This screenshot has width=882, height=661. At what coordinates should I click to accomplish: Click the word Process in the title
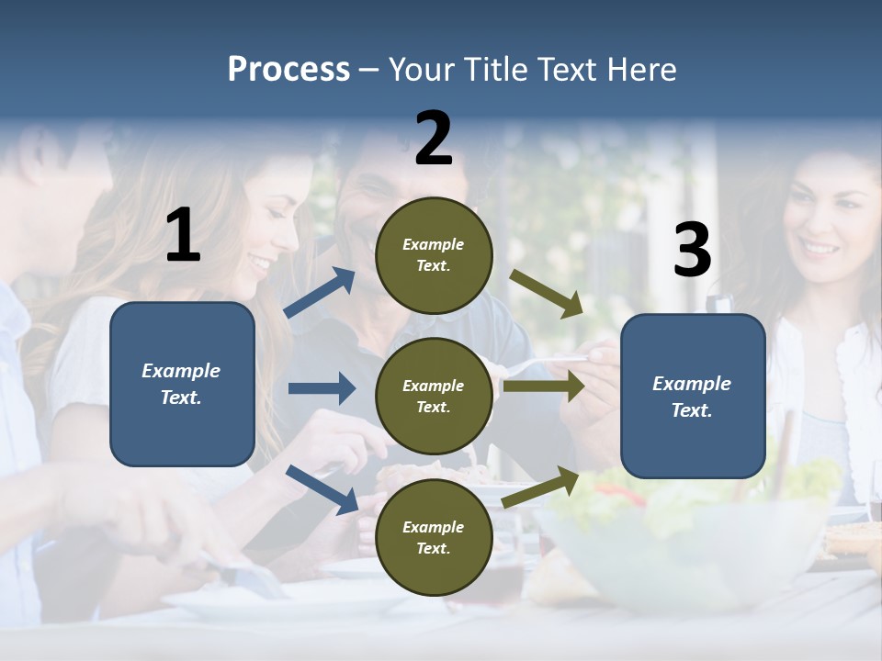coord(288,70)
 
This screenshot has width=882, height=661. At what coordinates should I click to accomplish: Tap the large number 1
coord(183,236)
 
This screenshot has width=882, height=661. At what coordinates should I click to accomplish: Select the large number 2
coord(434,139)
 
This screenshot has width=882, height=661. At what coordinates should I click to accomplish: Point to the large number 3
coord(692,251)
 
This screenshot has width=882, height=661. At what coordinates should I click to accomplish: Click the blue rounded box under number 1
coord(182,384)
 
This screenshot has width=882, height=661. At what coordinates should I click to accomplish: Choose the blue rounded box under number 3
coord(693,396)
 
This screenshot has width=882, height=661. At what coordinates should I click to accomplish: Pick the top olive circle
coord(434,255)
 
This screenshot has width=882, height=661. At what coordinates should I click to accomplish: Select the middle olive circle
coord(434,396)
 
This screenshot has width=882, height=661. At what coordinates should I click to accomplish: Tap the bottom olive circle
coord(434,537)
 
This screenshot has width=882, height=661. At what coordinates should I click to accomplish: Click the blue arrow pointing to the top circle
coord(320,293)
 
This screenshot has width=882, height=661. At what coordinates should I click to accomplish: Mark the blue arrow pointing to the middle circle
coord(322,388)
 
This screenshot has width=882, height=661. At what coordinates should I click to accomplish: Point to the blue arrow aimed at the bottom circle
coord(322,488)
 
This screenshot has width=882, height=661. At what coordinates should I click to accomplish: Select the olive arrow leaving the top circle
coord(547,293)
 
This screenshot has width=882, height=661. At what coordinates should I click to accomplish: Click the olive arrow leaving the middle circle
coord(543,387)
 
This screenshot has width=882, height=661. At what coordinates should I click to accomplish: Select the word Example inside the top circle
coord(434,245)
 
